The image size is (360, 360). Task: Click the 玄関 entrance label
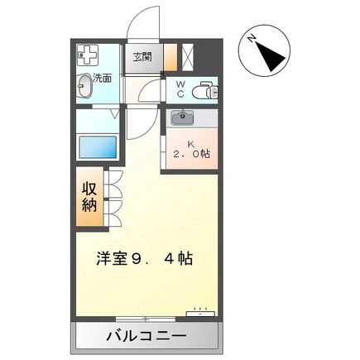point(142,57)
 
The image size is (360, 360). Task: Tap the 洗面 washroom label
point(103,79)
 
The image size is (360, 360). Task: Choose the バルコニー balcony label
point(146,336)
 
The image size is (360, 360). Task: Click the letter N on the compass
point(252,37)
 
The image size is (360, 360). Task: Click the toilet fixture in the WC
point(203,91)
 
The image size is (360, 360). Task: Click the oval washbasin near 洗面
point(86,84)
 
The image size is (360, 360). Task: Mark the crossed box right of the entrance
point(186,57)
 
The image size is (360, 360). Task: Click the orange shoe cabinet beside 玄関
point(170,57)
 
